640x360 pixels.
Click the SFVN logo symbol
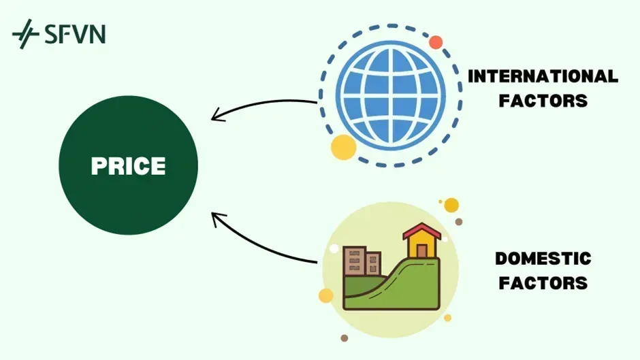click(25, 33)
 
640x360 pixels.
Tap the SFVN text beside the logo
click(75, 33)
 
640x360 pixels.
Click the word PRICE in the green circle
click(129, 166)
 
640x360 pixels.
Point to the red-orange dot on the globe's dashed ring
click(436, 42)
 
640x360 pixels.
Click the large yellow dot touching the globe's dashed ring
click(343, 146)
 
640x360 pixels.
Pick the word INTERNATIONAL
click(543, 76)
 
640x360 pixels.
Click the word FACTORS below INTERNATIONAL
click(543, 101)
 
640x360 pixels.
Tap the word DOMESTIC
click(543, 259)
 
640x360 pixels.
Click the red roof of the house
click(422, 231)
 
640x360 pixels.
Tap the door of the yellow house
click(422, 250)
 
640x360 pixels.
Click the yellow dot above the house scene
click(451, 205)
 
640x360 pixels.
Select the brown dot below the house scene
click(345, 338)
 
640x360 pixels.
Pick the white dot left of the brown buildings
click(334, 249)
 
